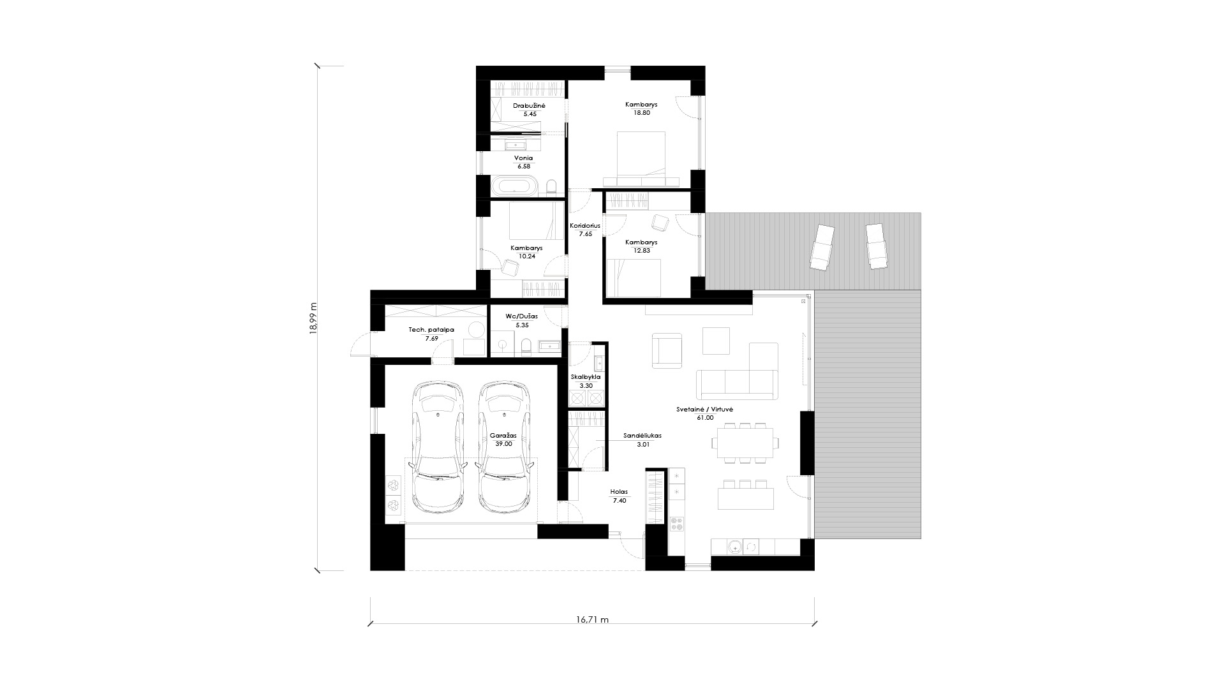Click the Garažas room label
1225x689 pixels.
503,435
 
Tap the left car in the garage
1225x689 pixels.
437,447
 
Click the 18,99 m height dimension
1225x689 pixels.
313,318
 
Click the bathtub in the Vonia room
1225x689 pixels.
514,187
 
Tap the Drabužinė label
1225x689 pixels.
529,105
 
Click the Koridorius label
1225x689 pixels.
585,226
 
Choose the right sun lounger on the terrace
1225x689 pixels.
876,246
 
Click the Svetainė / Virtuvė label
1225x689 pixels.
705,409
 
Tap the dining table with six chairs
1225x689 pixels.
745,442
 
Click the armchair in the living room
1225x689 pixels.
667,350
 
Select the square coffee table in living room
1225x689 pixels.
716,340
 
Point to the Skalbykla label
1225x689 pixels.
585,377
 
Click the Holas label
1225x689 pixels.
619,493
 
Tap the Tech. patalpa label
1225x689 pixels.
431,330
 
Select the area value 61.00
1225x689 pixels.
705,418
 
